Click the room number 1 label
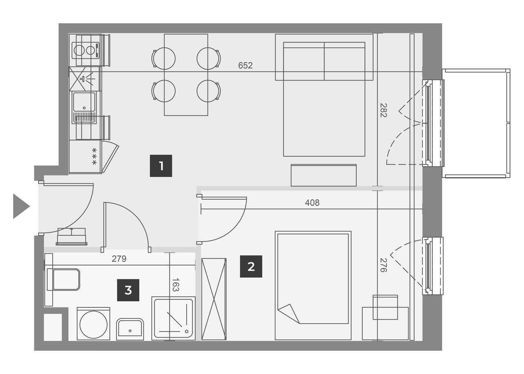tap(161, 166)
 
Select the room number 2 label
tap(251, 266)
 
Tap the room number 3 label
tap(128, 290)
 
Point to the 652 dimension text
tap(245, 65)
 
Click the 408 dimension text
tap(312, 203)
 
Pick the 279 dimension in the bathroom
tap(119, 259)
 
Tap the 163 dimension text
tap(176, 285)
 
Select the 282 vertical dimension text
tap(383, 110)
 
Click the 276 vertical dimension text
tap(383, 265)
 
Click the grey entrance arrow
tap(20, 206)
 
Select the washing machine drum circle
tap(93, 324)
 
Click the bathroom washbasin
tap(130, 329)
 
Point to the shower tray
tap(173, 318)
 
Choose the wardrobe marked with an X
tap(214, 299)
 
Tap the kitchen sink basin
tap(84, 102)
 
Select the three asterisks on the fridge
tap(94, 156)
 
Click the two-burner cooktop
tap(86, 50)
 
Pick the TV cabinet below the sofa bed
tap(323, 175)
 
